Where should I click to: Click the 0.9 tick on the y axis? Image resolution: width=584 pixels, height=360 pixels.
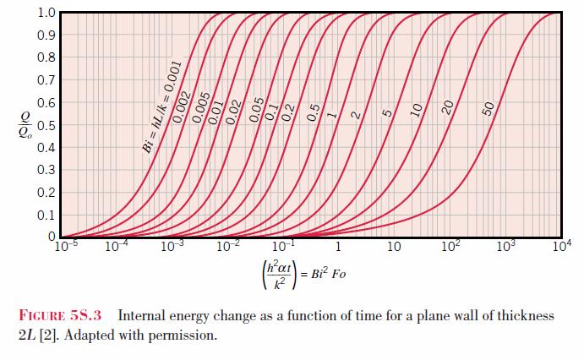(46, 35)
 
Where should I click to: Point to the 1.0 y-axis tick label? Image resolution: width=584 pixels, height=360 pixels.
(46, 13)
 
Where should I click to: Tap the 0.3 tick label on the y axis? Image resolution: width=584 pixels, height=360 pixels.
(46, 170)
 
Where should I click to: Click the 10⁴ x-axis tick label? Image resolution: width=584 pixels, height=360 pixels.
(562, 246)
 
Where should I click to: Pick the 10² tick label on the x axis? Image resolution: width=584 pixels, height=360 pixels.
(450, 246)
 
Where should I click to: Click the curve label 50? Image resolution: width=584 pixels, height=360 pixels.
(488, 109)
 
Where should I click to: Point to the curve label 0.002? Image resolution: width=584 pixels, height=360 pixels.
(182, 107)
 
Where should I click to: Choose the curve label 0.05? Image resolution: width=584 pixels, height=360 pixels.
(257, 110)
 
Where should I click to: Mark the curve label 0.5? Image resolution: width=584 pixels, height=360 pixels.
(314, 112)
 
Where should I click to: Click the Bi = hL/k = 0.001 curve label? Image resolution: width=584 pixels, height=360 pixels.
(162, 107)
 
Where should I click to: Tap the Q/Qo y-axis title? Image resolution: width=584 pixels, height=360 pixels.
(25, 125)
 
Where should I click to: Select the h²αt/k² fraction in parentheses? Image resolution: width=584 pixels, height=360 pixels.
(280, 275)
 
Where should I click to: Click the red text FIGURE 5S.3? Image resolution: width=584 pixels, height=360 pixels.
(60, 315)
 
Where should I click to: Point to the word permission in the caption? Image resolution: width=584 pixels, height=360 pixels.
(182, 335)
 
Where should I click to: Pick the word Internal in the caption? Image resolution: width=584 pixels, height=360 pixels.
(141, 315)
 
